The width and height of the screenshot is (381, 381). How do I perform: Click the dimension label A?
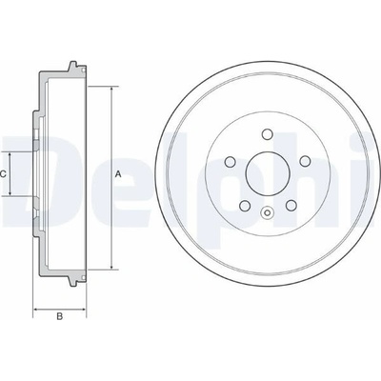pos(118,173)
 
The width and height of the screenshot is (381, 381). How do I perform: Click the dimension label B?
pos(59,317)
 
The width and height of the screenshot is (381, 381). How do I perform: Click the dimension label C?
pos(3,173)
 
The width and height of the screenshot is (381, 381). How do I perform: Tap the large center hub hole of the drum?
pos(268,173)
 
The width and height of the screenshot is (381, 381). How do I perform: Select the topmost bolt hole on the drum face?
pos(268,134)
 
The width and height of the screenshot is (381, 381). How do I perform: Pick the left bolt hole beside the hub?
pos(230,162)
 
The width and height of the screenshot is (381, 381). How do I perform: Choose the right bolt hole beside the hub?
pos(305,161)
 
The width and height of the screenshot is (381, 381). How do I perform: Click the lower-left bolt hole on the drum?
pos(245,206)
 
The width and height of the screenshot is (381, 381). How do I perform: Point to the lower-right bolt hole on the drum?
pos(291,206)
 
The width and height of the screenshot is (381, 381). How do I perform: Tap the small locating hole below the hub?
pos(268,212)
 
